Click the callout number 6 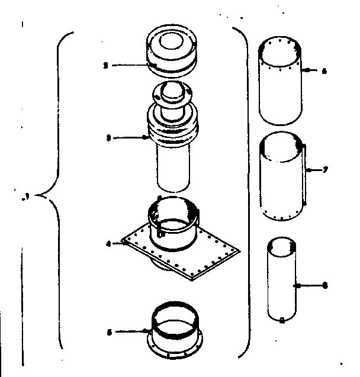325,70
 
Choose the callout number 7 326,170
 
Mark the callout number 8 325,285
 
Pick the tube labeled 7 281,178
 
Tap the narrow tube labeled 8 281,281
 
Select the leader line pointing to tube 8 309,285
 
